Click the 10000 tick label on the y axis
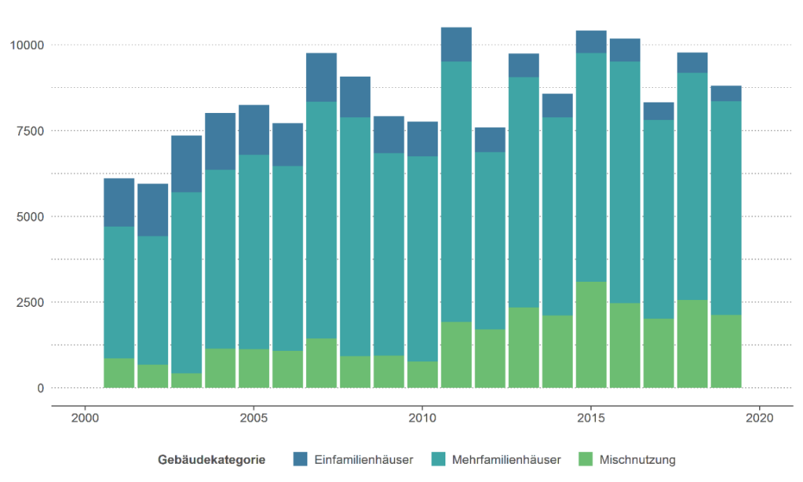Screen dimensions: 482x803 pyautogui.click(x=26, y=45)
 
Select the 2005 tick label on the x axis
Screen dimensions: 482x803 pyautogui.click(x=254, y=419)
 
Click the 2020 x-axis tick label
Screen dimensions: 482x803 pyautogui.click(x=758, y=419)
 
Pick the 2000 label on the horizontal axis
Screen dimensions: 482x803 pyautogui.click(x=85, y=419)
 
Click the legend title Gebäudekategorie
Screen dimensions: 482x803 pyautogui.click(x=212, y=460)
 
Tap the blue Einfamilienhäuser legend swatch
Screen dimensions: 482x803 pyautogui.click(x=300, y=459)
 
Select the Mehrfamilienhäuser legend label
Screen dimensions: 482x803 pyautogui.click(x=506, y=460)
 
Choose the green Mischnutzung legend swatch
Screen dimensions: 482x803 pyautogui.click(x=586, y=459)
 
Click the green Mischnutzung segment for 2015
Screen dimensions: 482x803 pyautogui.click(x=591, y=335)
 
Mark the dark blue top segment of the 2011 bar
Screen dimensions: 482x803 pyautogui.click(x=457, y=45)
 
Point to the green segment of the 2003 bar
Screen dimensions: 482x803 pyautogui.click(x=187, y=380)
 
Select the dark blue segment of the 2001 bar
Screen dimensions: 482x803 pyautogui.click(x=119, y=202)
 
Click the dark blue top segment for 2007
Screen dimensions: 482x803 pyautogui.click(x=321, y=77)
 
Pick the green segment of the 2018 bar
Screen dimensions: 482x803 pyautogui.click(x=692, y=344)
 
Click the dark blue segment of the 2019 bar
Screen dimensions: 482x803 pyautogui.click(x=726, y=93)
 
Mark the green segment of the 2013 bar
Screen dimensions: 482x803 pyautogui.click(x=523, y=347)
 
